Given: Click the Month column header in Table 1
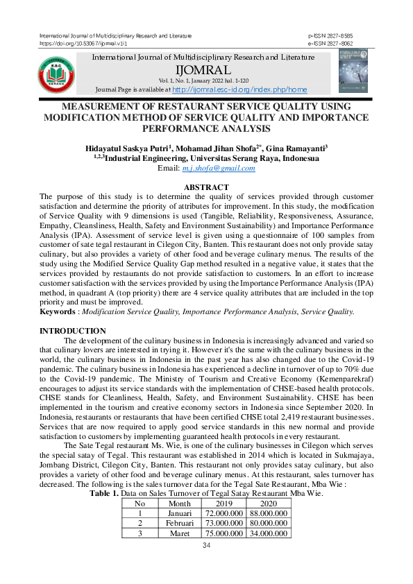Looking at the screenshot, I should coord(179,503).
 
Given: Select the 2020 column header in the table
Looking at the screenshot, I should coord(267,503).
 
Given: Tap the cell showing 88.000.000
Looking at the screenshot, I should coord(267,513).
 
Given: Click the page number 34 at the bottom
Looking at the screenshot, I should coord(206,546).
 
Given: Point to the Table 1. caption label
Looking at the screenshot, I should coord(104,493).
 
